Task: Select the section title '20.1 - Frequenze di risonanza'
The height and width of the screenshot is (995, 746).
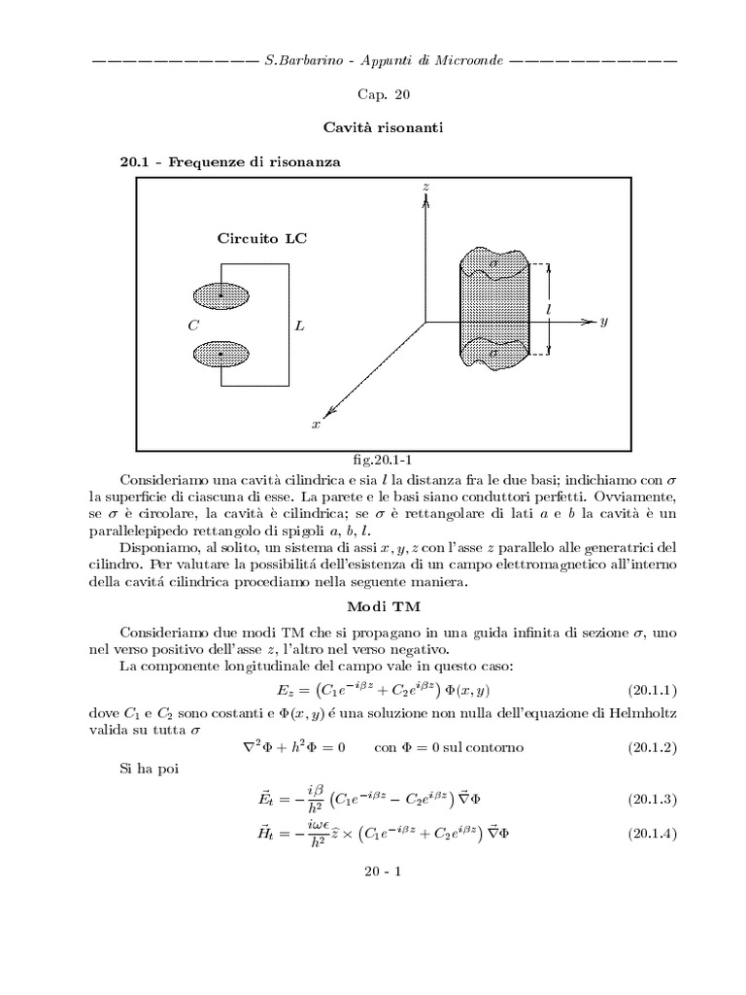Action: (229, 162)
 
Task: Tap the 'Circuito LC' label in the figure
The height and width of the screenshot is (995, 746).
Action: (261, 238)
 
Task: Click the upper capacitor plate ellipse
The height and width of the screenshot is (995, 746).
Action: (221, 294)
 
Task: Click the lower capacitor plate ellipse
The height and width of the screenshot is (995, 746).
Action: (221, 355)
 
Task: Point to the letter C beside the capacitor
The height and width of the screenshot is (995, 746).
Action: (193, 326)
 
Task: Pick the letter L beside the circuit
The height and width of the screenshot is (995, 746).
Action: (299, 326)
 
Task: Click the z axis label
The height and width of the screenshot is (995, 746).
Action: (425, 185)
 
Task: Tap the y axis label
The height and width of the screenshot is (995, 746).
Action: (603, 321)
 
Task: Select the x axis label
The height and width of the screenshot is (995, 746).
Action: (315, 425)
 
